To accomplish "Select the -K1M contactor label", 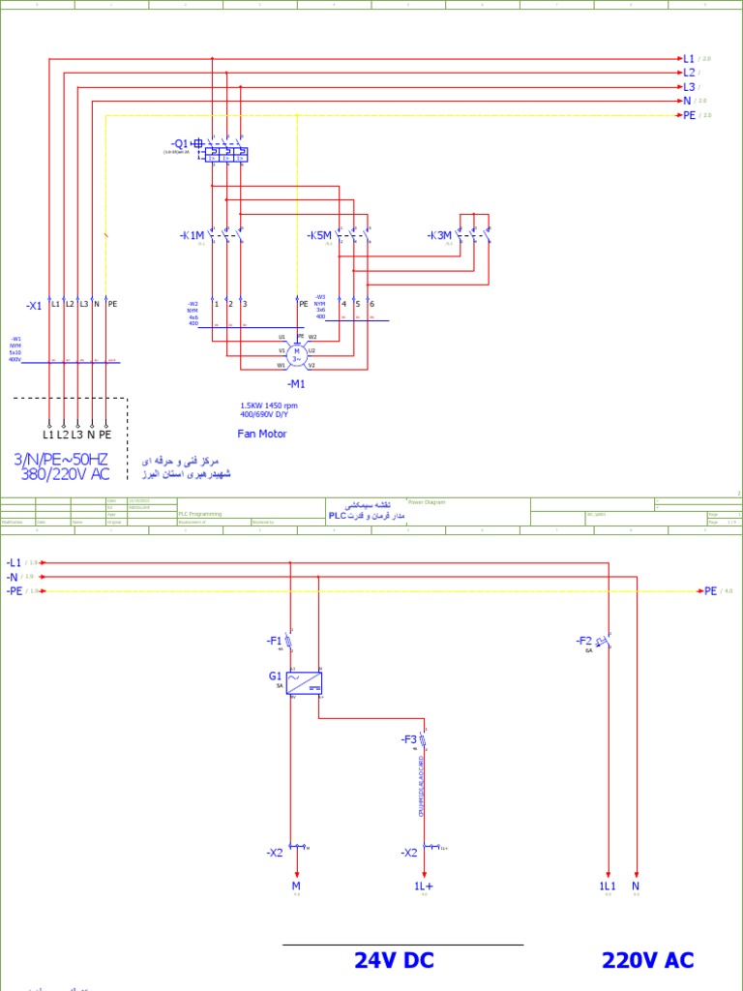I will (x=193, y=235).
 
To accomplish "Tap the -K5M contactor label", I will (x=319, y=235).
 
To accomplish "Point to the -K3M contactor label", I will (x=439, y=235).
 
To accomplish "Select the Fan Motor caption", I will (x=262, y=434).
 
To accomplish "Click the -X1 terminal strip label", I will (x=34, y=305).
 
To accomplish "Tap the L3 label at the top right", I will (x=689, y=87).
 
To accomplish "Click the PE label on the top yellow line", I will (x=690, y=115).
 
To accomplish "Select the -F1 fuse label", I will (x=274, y=641).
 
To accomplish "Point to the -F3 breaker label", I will (x=409, y=739).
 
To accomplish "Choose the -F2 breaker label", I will (x=583, y=641).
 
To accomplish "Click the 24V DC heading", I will (x=394, y=960).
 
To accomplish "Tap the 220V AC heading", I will (x=647, y=960).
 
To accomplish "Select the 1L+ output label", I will (x=424, y=886).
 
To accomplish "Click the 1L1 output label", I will (x=608, y=886).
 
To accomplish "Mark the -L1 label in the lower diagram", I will (x=14, y=562).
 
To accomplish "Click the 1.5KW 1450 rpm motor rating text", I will (x=269, y=405).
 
